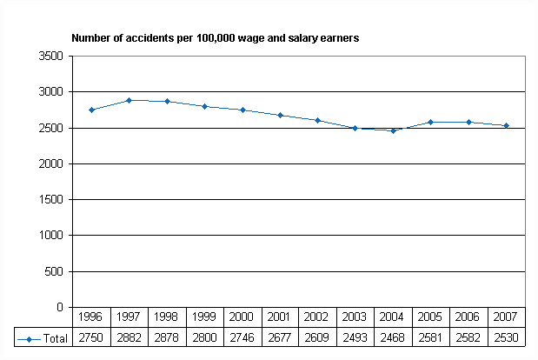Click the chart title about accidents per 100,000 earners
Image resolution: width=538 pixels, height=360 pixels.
215,38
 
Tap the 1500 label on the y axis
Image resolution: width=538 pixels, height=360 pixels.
50,199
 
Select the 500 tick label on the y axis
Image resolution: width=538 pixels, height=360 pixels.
54,271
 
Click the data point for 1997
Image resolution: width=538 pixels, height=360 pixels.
129,100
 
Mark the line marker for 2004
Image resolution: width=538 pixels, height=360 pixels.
393,130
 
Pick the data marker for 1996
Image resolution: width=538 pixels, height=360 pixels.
91,110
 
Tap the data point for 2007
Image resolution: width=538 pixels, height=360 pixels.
506,125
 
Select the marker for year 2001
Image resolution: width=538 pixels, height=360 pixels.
280,115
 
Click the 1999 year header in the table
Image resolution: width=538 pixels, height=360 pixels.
204,317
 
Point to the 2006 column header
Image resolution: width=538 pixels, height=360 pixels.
468,317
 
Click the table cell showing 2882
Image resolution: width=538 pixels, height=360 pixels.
129,337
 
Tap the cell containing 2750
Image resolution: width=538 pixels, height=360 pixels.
91,337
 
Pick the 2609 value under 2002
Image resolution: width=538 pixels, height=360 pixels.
317,337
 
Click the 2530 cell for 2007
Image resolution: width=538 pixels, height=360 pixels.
506,337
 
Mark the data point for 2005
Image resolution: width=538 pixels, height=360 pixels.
430,122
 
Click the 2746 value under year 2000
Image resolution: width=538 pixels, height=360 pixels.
242,337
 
